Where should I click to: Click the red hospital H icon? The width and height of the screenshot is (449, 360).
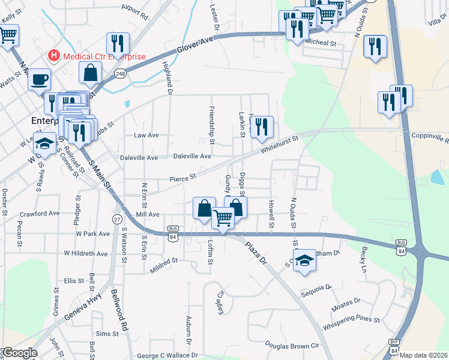55,56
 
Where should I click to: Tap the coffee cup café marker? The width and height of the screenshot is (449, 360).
39,79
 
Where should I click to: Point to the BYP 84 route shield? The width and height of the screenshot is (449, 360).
394,345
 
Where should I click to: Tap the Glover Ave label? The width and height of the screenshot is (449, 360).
195,44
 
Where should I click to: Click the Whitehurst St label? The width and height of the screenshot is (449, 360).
280,142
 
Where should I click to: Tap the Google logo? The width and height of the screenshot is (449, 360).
19,352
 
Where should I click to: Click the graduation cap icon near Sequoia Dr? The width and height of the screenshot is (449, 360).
304,260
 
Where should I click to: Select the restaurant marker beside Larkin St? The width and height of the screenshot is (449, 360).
262,127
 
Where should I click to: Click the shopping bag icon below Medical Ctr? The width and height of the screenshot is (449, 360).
89,72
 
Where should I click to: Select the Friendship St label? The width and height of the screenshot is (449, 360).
211,119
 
